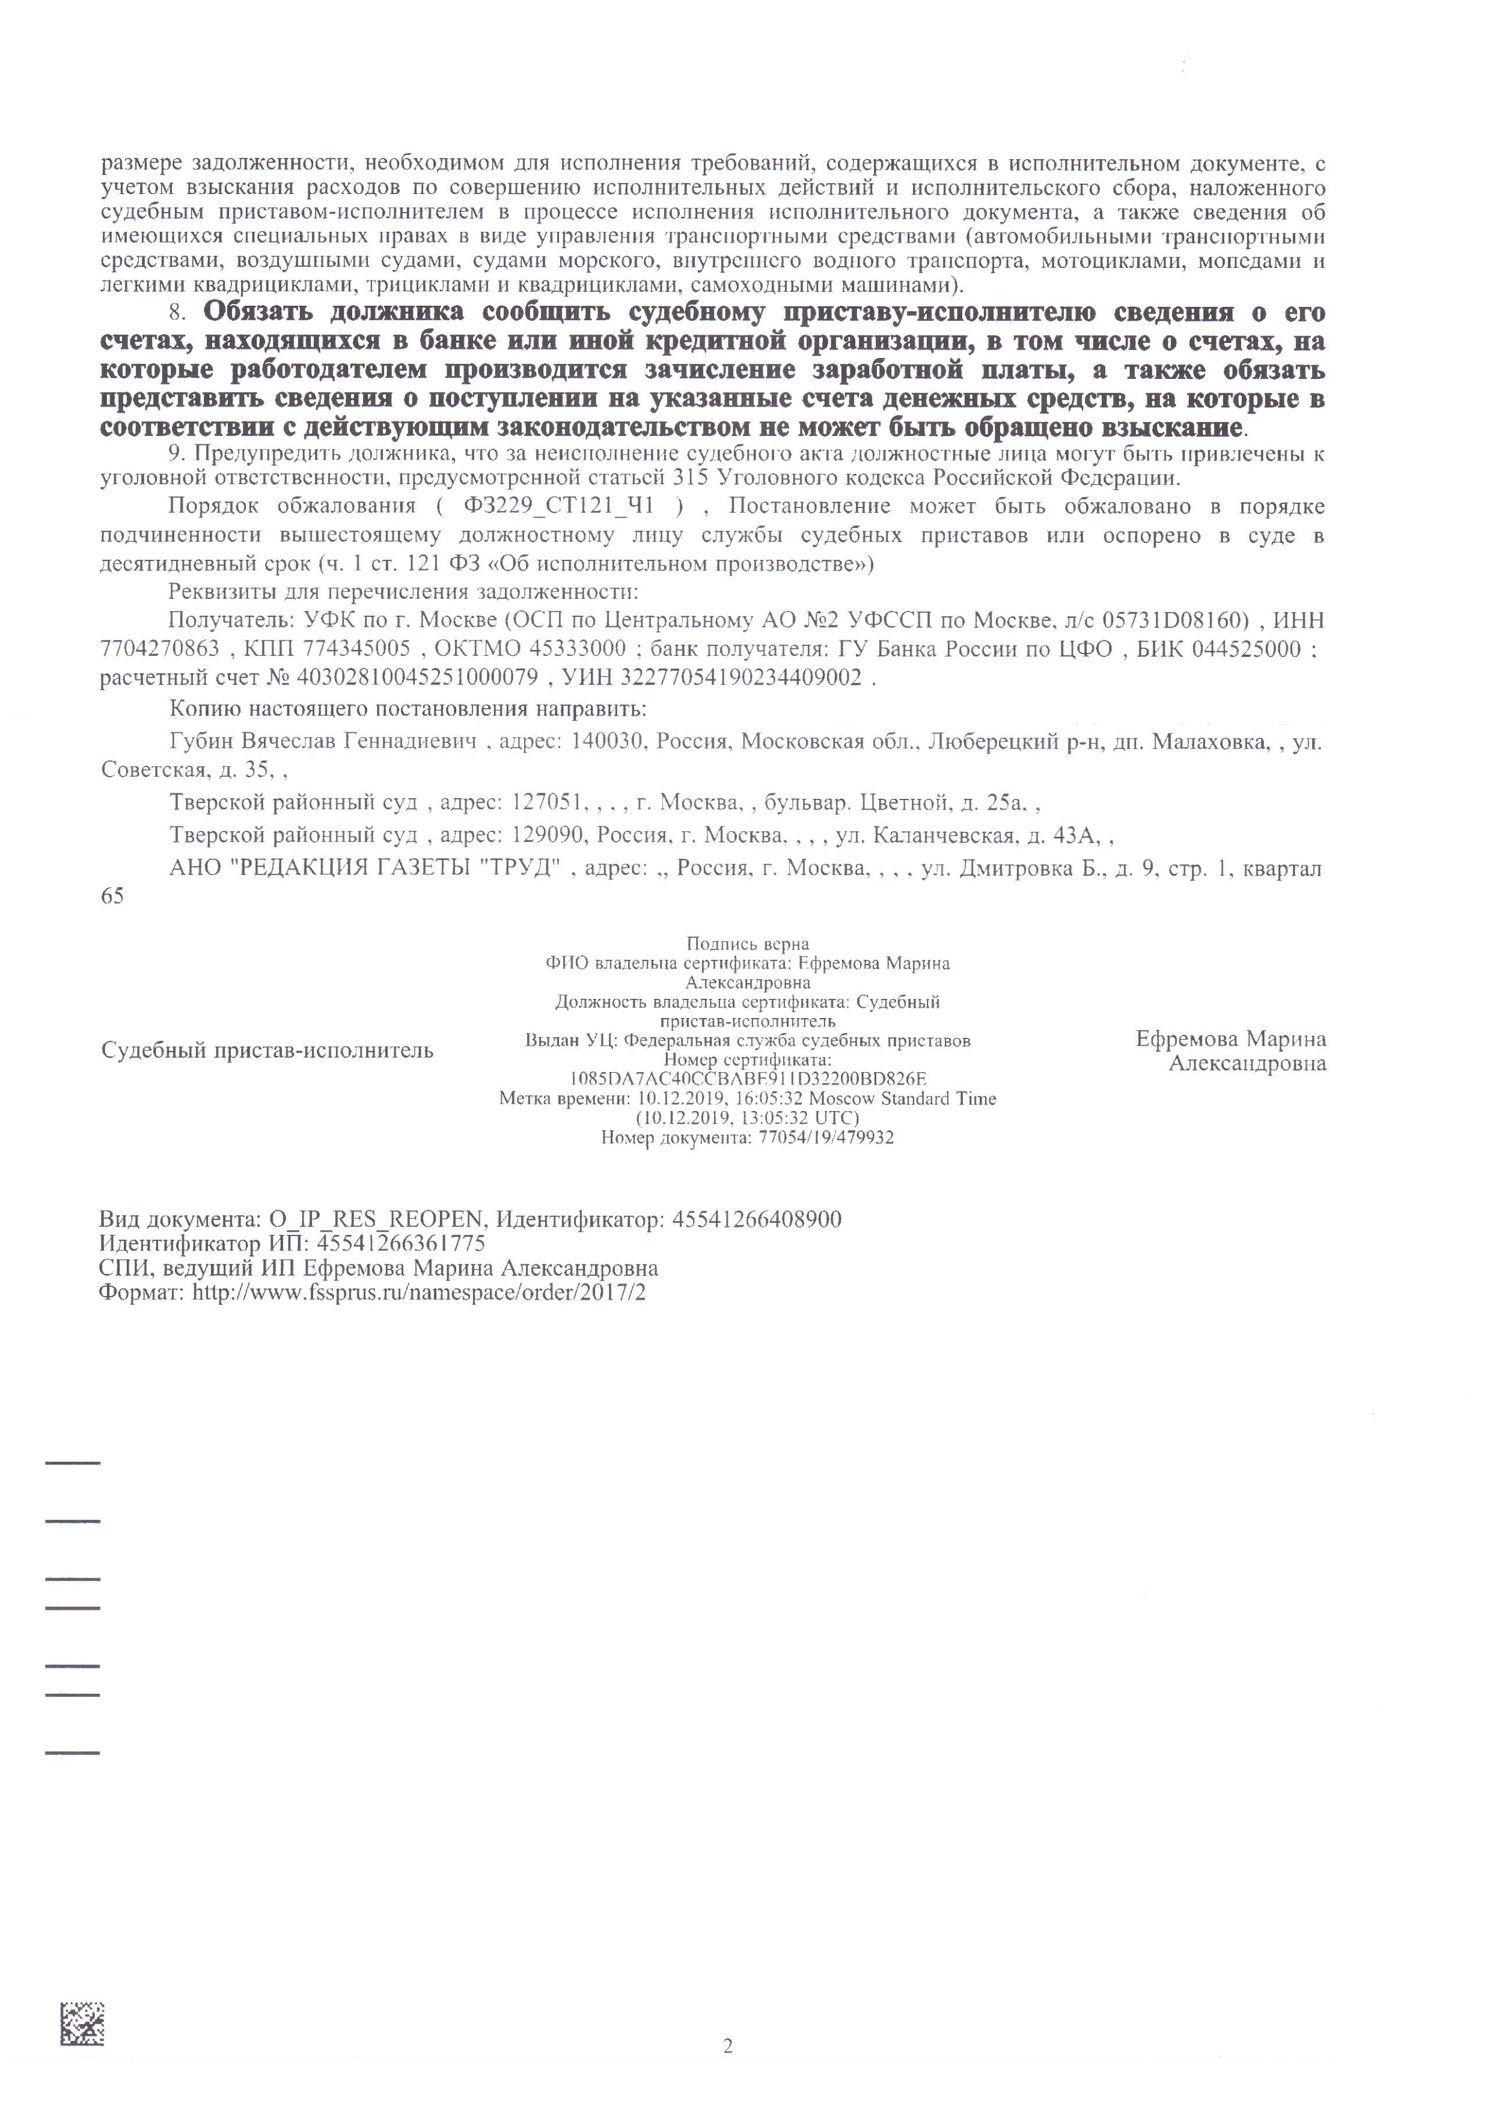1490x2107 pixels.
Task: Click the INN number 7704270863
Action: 160,649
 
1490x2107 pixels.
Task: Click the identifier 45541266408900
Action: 757,1220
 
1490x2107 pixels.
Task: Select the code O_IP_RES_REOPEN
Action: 376,1220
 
